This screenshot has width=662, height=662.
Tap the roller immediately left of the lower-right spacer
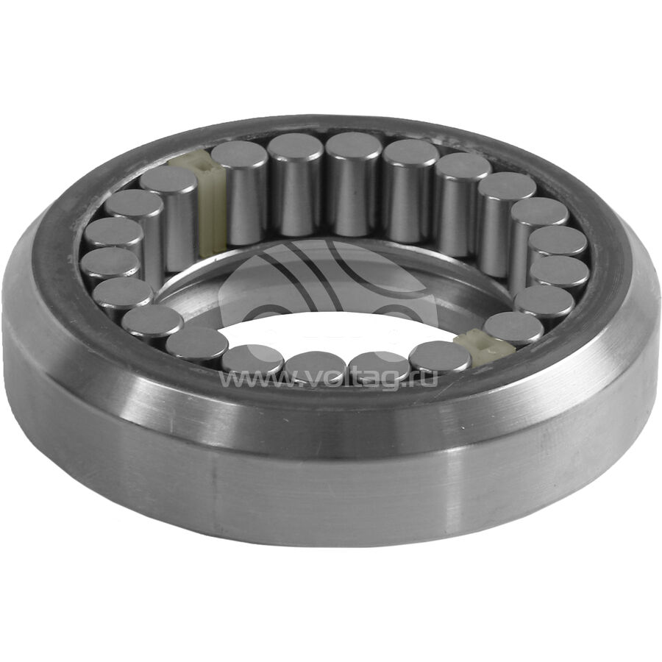click(440, 357)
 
